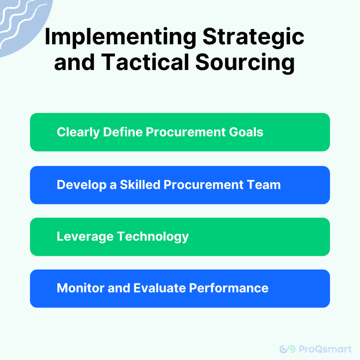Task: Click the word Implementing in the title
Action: click(x=121, y=37)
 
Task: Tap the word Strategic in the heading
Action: click(x=253, y=37)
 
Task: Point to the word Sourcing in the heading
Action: click(x=245, y=63)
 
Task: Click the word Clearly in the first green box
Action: click(x=78, y=132)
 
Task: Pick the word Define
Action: click(x=123, y=132)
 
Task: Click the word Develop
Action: click(x=82, y=185)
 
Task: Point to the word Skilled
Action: click(x=140, y=185)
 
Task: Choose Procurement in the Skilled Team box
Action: click(x=204, y=185)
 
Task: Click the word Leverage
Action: click(x=85, y=237)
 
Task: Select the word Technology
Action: click(x=153, y=237)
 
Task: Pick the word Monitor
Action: click(x=81, y=288)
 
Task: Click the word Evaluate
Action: click(x=160, y=288)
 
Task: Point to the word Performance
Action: click(x=229, y=288)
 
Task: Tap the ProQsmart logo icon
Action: click(x=287, y=349)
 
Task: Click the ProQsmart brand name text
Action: click(x=325, y=349)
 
